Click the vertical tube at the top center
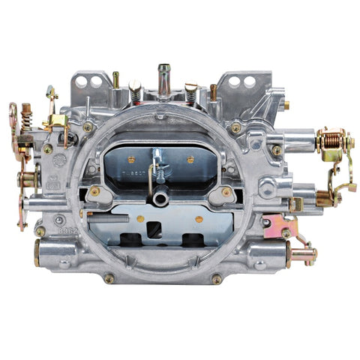pos(163,76)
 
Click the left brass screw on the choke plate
pos(132,160)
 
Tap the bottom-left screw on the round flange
pos(110,278)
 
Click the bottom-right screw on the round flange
pos(217,278)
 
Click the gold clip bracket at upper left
pos(52,95)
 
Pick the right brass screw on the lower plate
pos(199,219)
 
